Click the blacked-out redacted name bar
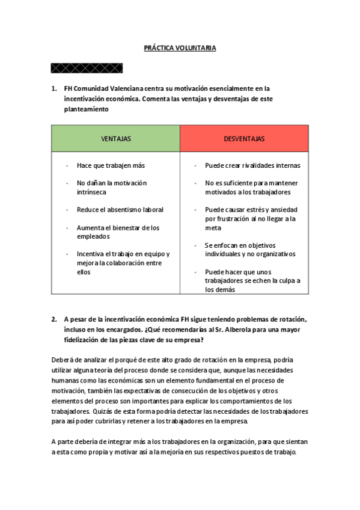(x=87, y=67)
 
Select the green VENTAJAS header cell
(x=115, y=139)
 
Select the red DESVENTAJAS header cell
(x=244, y=139)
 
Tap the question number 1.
(x=54, y=88)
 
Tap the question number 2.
(x=54, y=319)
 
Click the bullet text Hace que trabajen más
(x=111, y=165)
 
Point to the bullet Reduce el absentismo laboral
(x=120, y=210)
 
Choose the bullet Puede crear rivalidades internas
(x=252, y=165)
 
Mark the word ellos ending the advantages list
(x=84, y=272)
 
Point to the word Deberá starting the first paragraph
(x=63, y=360)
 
